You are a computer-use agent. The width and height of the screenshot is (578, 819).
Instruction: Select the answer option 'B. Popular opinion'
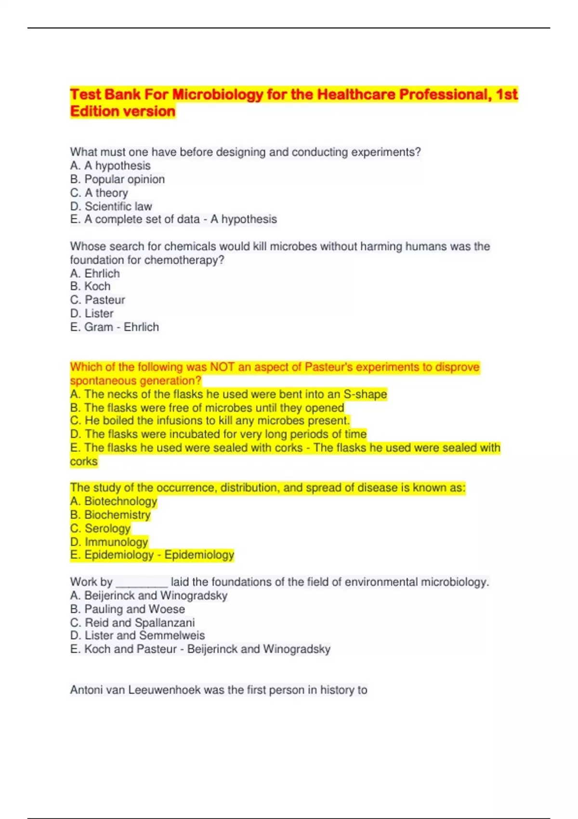(x=118, y=179)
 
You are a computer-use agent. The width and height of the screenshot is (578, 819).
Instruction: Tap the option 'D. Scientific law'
(x=111, y=206)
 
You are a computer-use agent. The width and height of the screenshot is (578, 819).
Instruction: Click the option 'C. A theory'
(x=99, y=193)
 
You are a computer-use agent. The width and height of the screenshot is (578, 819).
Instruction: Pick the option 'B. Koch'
(x=90, y=286)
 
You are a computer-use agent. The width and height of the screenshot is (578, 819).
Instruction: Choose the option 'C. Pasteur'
(x=97, y=300)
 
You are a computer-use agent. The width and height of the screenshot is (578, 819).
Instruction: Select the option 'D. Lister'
(x=92, y=313)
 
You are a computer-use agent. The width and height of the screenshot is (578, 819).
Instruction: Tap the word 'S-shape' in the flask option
(x=365, y=394)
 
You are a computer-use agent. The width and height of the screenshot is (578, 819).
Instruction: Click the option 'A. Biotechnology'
(x=114, y=501)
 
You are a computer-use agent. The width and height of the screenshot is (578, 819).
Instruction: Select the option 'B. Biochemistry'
(x=110, y=515)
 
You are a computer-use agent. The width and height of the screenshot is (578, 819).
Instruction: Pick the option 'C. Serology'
(x=100, y=528)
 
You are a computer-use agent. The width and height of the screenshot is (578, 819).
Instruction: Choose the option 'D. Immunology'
(x=109, y=542)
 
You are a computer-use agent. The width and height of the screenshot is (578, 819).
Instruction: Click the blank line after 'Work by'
(x=142, y=583)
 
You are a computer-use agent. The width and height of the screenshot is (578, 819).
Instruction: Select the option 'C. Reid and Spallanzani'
(x=132, y=622)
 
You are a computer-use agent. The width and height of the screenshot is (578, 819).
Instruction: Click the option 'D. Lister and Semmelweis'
(x=137, y=635)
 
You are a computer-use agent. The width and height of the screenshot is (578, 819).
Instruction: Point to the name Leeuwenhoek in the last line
(x=164, y=690)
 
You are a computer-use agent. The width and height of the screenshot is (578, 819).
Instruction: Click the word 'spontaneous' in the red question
(x=99, y=381)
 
